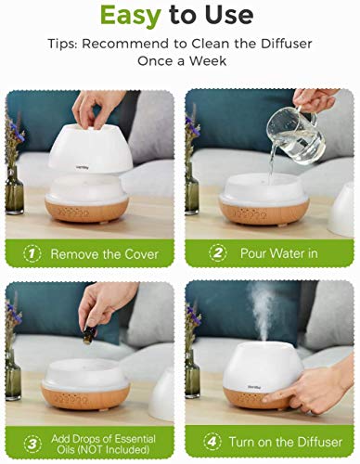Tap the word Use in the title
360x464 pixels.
coord(227,16)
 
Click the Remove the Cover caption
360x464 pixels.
coord(105,252)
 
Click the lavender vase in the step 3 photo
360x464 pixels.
coord(13,357)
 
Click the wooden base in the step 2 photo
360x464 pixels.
coord(265,216)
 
